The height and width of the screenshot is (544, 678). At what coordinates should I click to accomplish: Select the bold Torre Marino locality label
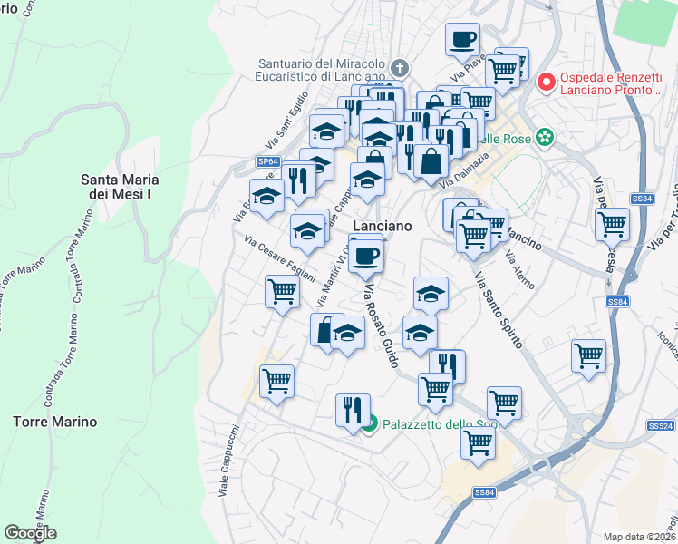pos(54,422)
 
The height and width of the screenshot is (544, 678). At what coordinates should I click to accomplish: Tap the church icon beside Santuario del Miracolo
pos(400,67)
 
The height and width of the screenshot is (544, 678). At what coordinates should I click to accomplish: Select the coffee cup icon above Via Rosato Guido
pos(365,257)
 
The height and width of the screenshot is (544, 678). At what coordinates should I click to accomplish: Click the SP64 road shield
pos(266,161)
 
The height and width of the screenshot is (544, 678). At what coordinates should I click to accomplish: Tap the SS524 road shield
pos(663,425)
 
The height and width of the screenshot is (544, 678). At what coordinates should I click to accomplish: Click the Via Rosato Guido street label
pos(381,326)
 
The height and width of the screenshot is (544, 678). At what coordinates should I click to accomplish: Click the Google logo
pos(30,533)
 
